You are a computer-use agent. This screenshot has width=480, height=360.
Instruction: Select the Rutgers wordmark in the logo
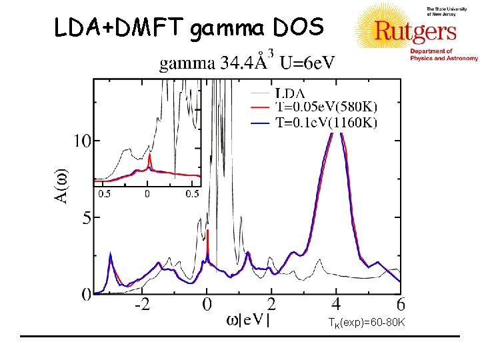(415, 32)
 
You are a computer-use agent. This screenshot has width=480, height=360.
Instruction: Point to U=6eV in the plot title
(307, 64)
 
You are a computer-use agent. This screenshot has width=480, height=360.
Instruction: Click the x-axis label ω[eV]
(248, 321)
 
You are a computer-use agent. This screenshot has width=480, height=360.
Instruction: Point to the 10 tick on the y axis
(82, 141)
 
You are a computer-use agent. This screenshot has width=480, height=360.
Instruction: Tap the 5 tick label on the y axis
(86, 217)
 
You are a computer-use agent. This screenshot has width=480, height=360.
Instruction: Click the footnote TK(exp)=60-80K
(366, 323)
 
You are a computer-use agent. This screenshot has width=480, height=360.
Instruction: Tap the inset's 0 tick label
(147, 194)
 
